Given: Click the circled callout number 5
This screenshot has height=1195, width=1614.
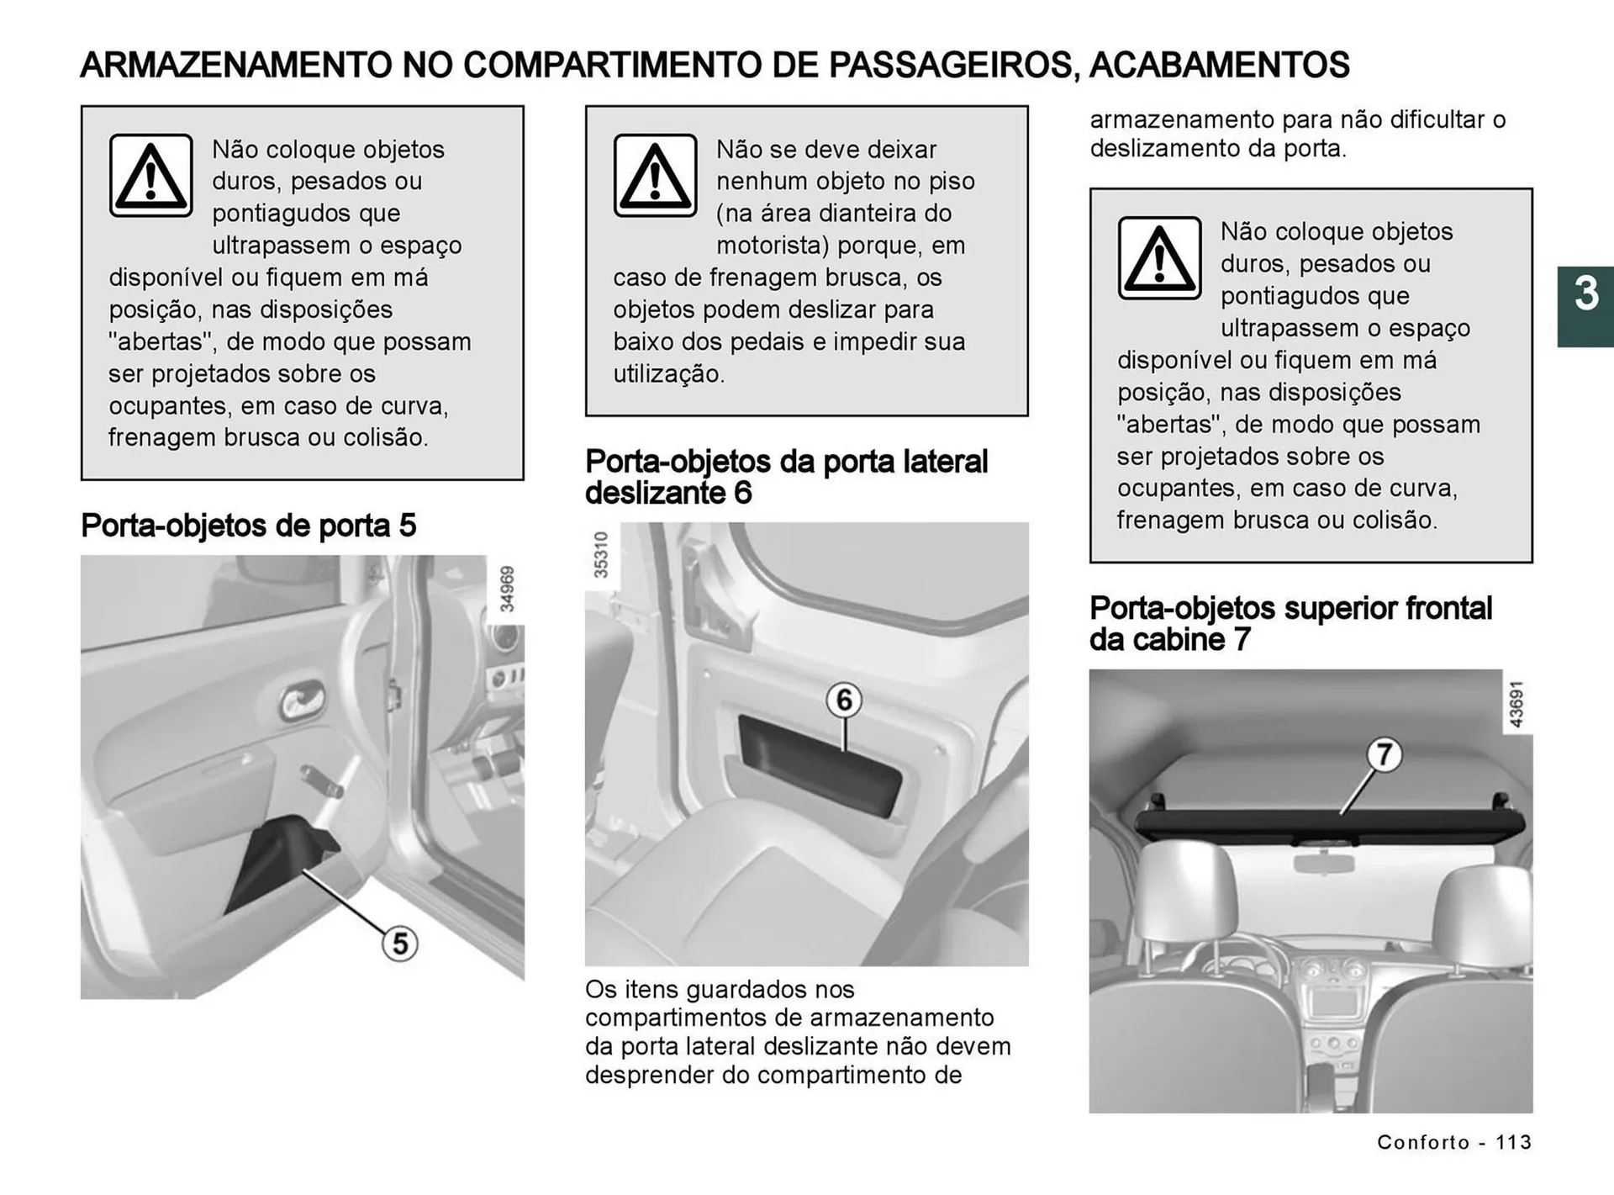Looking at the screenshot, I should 400,944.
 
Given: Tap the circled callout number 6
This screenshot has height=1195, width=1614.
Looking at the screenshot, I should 844,700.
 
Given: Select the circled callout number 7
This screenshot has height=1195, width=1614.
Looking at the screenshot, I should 1384,754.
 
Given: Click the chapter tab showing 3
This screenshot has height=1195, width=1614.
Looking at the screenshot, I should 1585,306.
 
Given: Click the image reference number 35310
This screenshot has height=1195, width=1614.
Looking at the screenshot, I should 600,555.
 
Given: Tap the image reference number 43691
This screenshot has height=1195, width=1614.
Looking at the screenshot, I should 1516,704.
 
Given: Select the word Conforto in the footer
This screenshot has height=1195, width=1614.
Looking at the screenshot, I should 1423,1142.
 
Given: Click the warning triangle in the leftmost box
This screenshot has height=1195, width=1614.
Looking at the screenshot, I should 150,176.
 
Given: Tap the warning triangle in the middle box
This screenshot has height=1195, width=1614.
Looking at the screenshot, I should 655,176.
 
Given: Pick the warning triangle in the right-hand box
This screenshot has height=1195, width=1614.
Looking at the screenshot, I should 1159,258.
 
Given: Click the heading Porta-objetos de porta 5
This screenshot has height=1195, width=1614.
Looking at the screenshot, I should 248,526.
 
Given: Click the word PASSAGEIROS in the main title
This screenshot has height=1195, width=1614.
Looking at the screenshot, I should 950,66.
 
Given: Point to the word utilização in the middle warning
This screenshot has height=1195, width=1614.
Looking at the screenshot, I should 668,374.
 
